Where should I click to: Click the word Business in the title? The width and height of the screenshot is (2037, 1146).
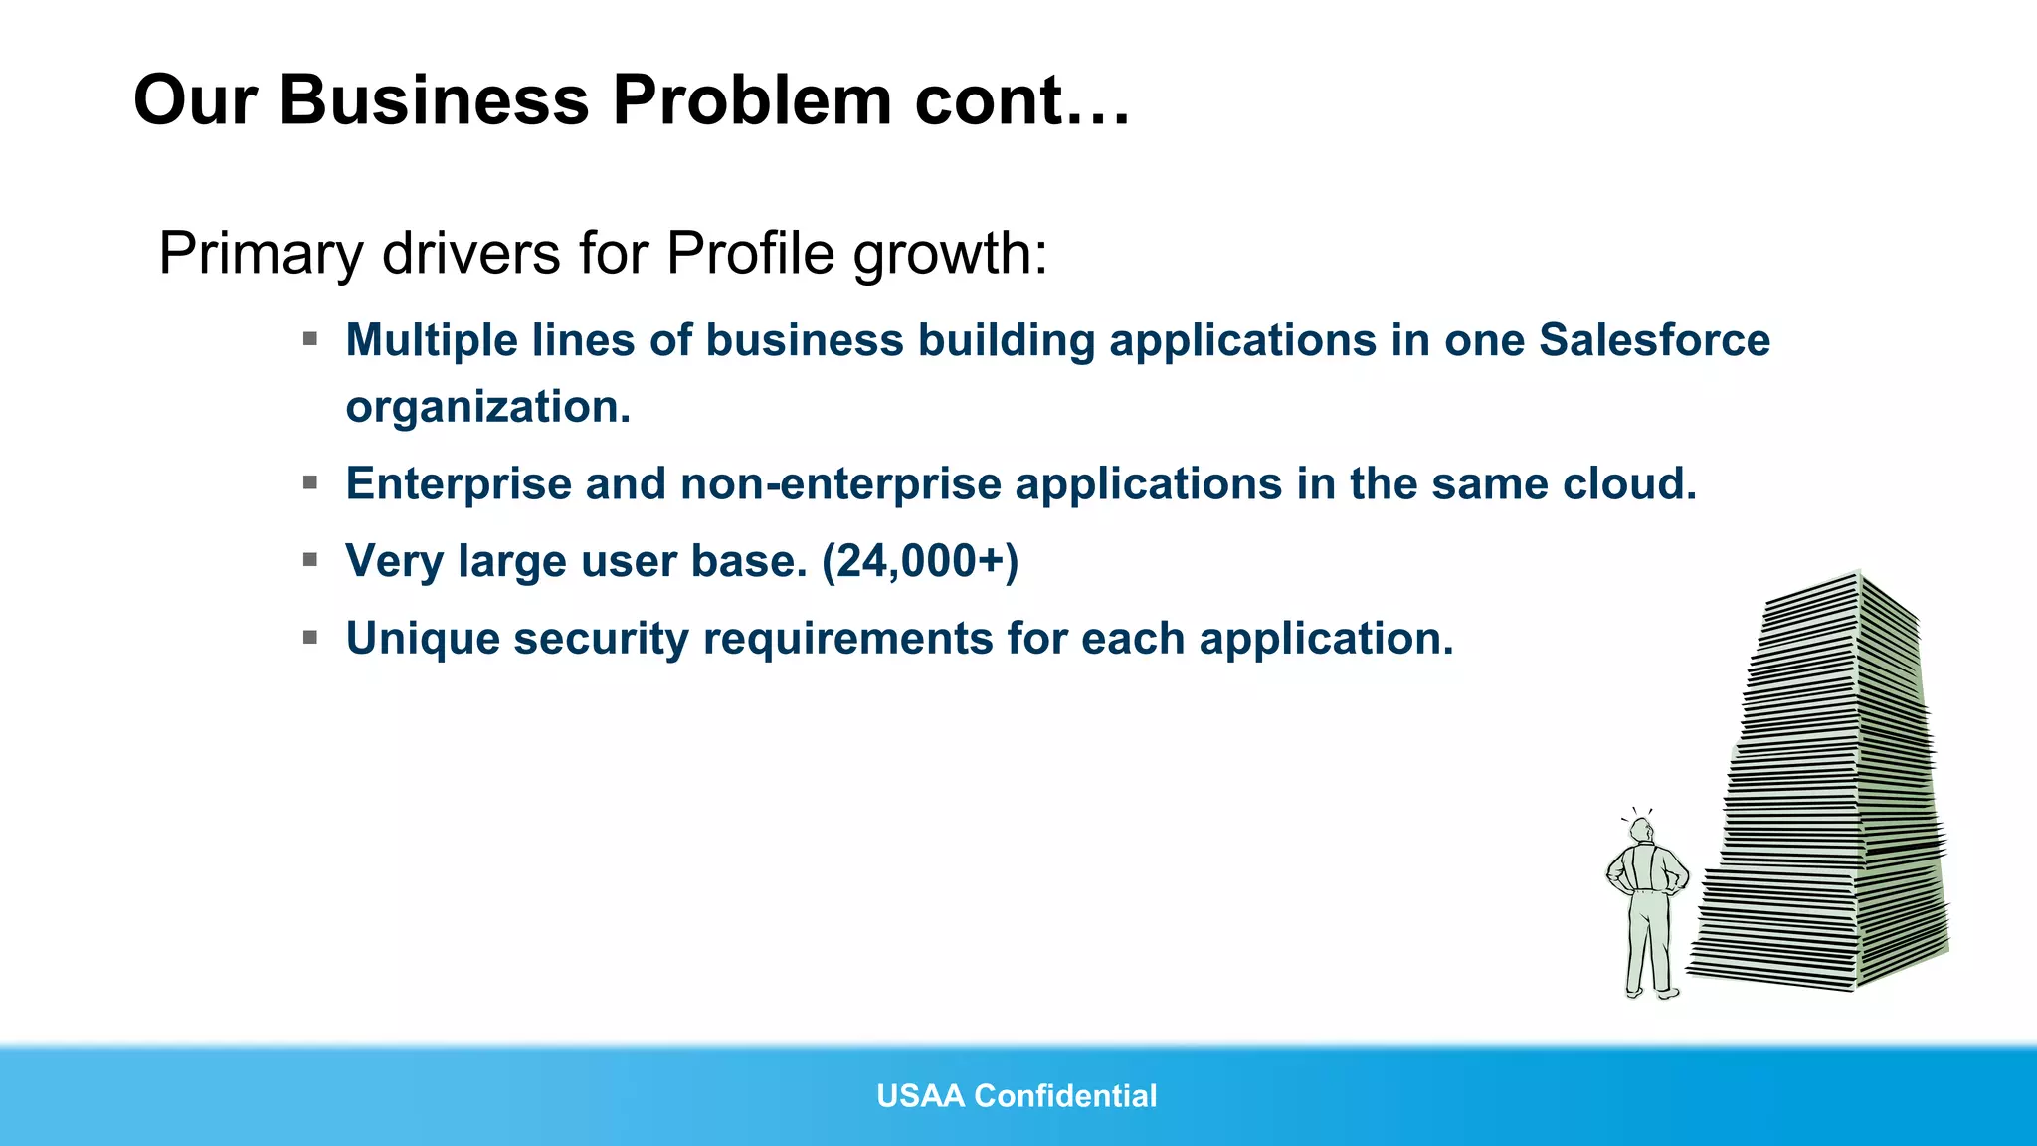click(x=434, y=101)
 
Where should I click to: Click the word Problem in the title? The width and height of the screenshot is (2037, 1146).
click(x=752, y=101)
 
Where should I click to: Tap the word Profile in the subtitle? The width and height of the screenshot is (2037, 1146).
click(x=750, y=253)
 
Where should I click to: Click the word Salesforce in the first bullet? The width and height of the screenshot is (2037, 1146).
click(x=1654, y=340)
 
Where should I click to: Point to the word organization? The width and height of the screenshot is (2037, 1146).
click(x=487, y=407)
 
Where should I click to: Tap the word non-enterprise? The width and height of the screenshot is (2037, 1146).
click(x=841, y=484)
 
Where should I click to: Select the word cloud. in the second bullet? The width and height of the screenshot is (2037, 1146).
click(x=1628, y=484)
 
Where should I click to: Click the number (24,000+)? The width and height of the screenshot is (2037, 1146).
click(x=920, y=562)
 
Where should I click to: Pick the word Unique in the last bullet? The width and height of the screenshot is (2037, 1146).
click(x=422, y=639)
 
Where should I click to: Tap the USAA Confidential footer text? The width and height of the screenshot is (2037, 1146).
click(x=1017, y=1096)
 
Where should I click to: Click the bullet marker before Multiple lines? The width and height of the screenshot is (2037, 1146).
click(x=310, y=339)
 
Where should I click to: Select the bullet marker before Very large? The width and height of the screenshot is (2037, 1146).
click(x=310, y=560)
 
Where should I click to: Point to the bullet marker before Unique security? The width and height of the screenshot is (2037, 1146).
click(x=310, y=637)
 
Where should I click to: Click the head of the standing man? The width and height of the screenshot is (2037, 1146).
click(x=1641, y=830)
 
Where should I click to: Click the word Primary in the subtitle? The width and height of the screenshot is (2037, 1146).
click(x=261, y=255)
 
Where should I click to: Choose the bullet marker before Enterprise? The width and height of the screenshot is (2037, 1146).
click(x=310, y=483)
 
